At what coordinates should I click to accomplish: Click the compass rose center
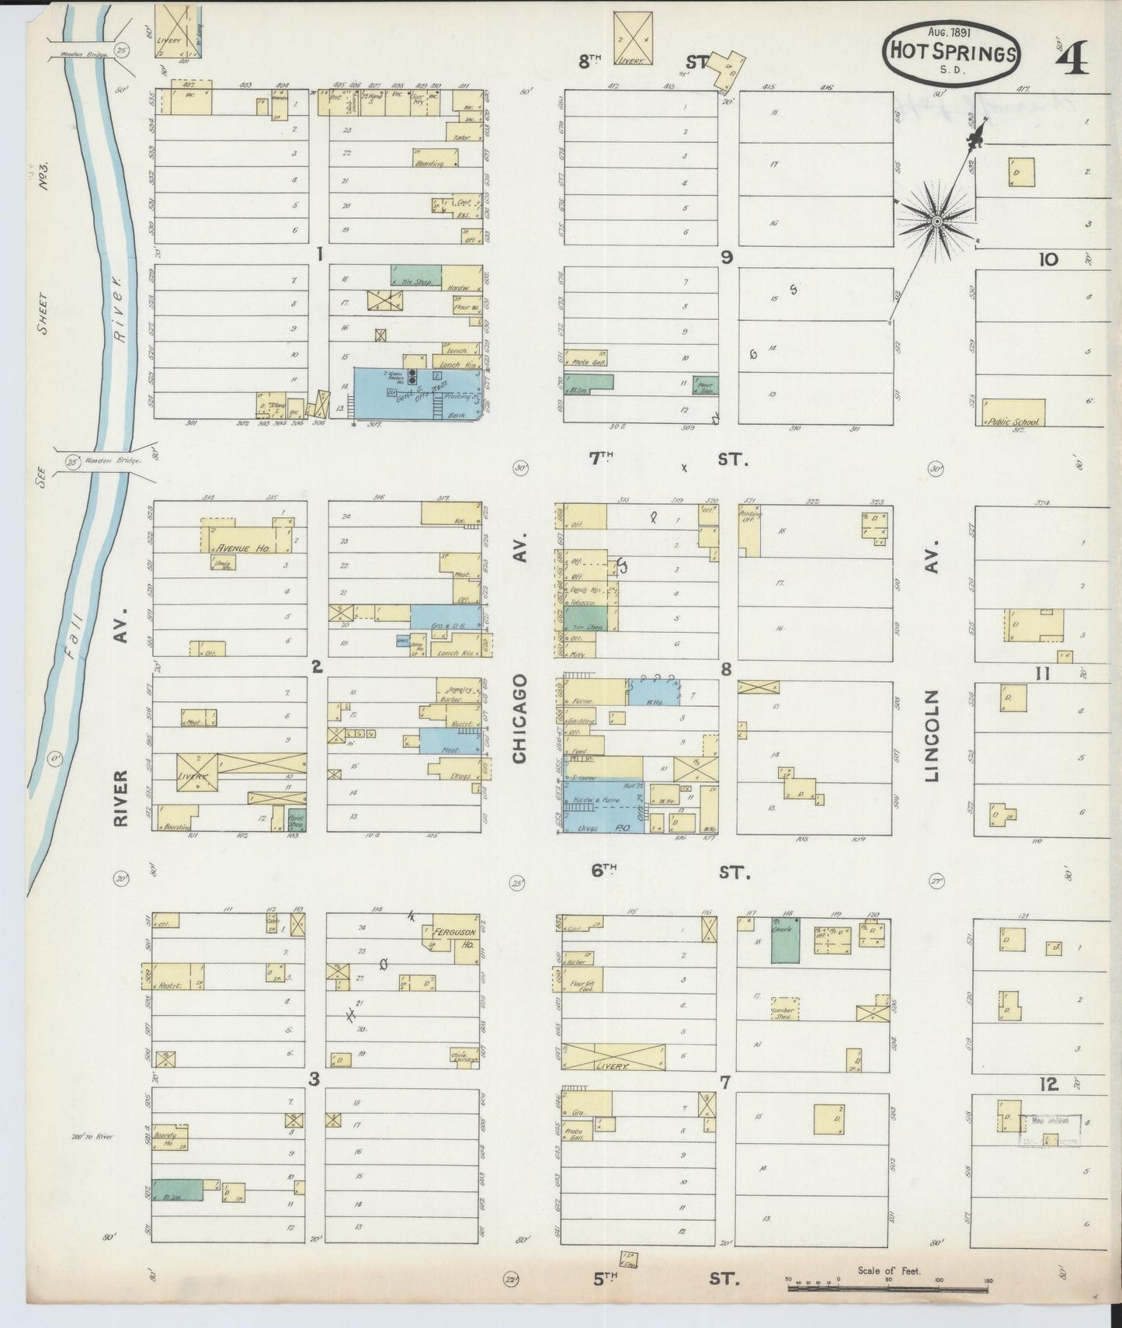click(x=937, y=221)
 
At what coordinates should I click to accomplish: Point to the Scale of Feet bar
click(x=890, y=1288)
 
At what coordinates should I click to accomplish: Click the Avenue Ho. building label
click(x=242, y=548)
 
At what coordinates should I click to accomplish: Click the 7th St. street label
click(x=668, y=459)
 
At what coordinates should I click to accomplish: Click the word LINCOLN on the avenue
click(x=932, y=734)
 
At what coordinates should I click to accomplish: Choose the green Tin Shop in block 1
click(x=415, y=275)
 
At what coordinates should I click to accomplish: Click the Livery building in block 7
click(x=613, y=1057)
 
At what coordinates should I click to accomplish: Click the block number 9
click(x=727, y=258)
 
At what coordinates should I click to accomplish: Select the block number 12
click(x=1050, y=1083)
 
